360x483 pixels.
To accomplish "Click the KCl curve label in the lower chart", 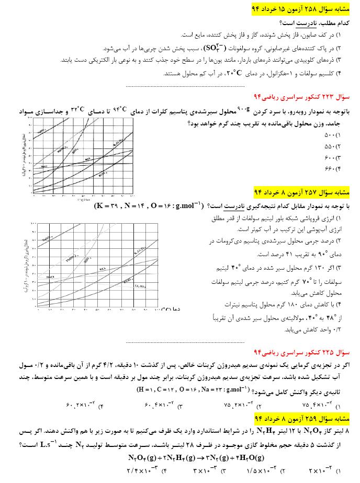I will [x=103, y=269].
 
